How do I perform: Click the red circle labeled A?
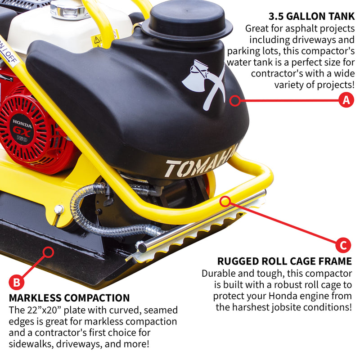pos(346,100)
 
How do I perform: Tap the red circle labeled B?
pos(17,282)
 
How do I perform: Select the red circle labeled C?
pos(343,246)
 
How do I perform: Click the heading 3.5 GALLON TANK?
pos(311,17)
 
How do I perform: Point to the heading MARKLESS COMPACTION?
pos(69,298)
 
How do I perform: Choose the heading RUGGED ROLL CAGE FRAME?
pos(284,261)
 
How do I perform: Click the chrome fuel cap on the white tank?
pos(67,9)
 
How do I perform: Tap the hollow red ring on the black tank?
pos(235,100)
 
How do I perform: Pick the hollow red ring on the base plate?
pos(48,252)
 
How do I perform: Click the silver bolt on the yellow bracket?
pos(59,209)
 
